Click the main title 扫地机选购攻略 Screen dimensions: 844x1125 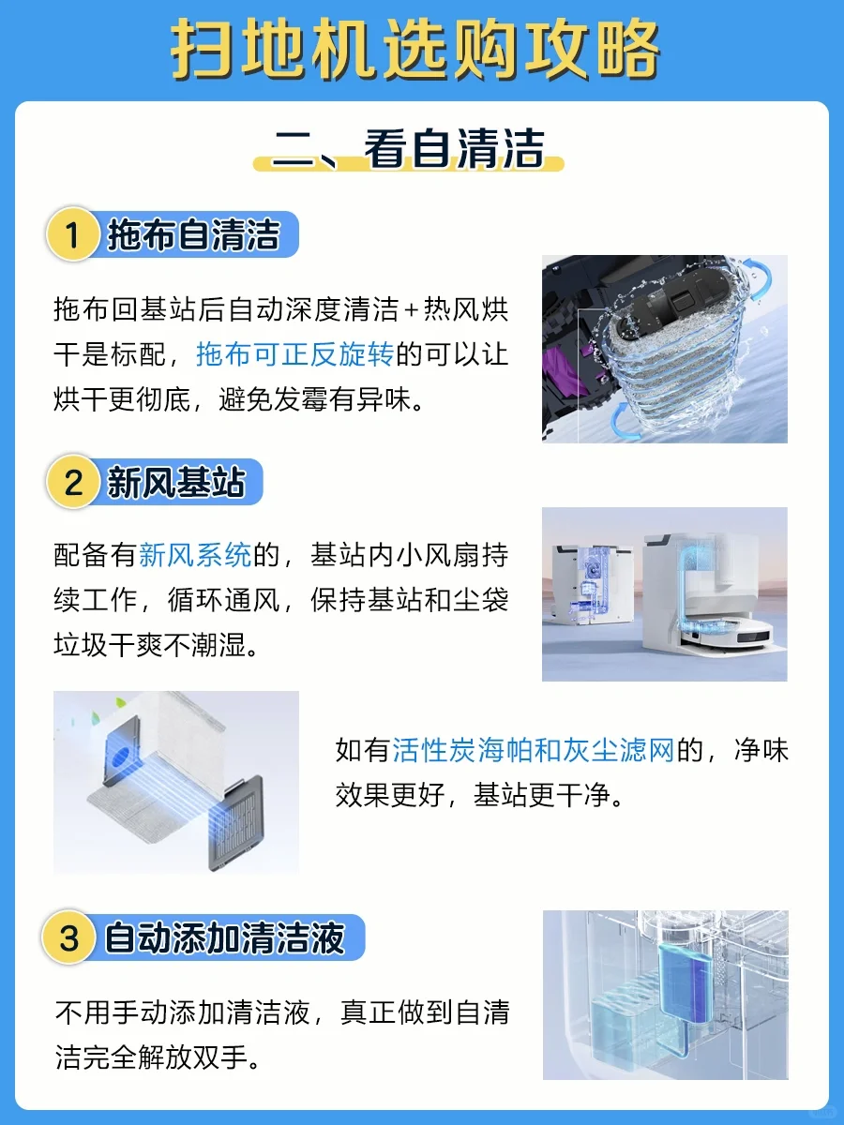415,50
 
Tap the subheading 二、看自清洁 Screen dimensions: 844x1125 409,149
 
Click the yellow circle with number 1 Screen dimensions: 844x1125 72,234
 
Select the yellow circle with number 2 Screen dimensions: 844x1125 72,482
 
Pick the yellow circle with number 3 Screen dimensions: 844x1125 68,937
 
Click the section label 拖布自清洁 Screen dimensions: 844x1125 194,234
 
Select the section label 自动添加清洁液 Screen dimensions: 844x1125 224,937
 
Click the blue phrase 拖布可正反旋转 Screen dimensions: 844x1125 295,354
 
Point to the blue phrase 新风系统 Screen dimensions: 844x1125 195,555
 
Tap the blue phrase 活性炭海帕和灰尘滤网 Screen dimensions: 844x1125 533,751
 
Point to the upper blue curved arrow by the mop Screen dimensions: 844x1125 758,278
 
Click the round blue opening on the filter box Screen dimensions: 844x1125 122,756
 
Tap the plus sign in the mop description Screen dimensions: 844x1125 412,310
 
